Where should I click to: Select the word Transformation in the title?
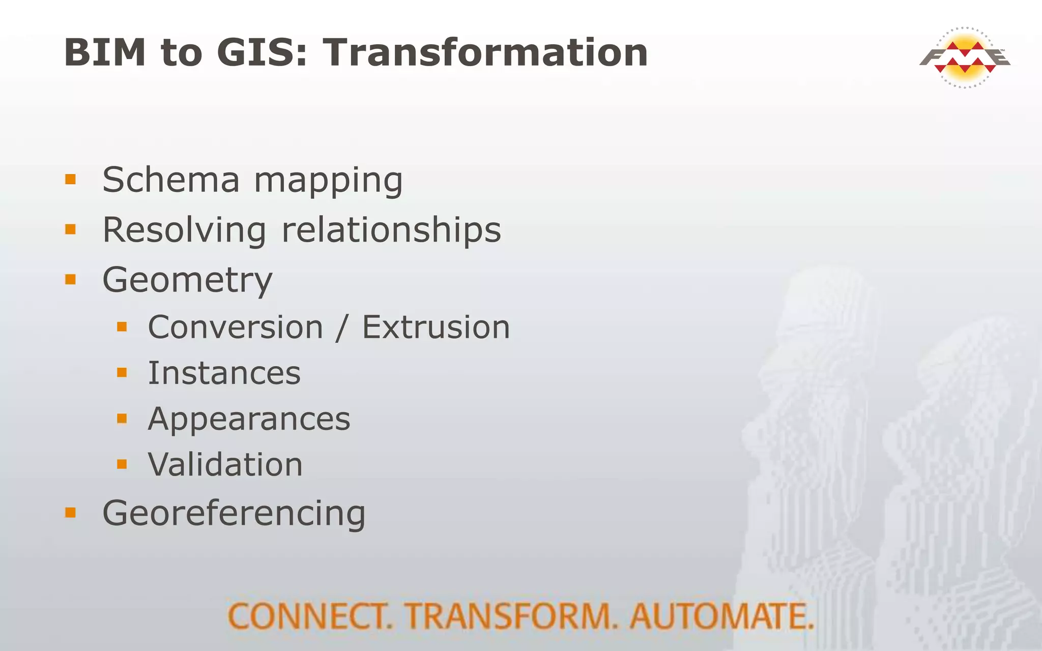pyautogui.click(x=485, y=52)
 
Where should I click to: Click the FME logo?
pyautogui.click(x=965, y=57)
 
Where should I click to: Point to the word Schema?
pyautogui.click(x=171, y=180)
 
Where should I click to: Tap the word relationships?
pyautogui.click(x=391, y=230)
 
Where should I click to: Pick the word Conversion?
pyautogui.click(x=236, y=327)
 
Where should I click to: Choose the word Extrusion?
pyautogui.click(x=436, y=327)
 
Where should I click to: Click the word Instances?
pyautogui.click(x=224, y=373)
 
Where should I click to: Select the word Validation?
pyautogui.click(x=225, y=465)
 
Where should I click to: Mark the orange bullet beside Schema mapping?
pyautogui.click(x=70, y=179)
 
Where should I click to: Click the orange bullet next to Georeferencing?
pyautogui.click(x=70, y=512)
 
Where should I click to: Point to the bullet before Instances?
pyautogui.click(x=122, y=373)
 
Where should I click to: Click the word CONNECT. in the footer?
pyautogui.click(x=310, y=616)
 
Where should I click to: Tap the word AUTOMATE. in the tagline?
pyautogui.click(x=721, y=616)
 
